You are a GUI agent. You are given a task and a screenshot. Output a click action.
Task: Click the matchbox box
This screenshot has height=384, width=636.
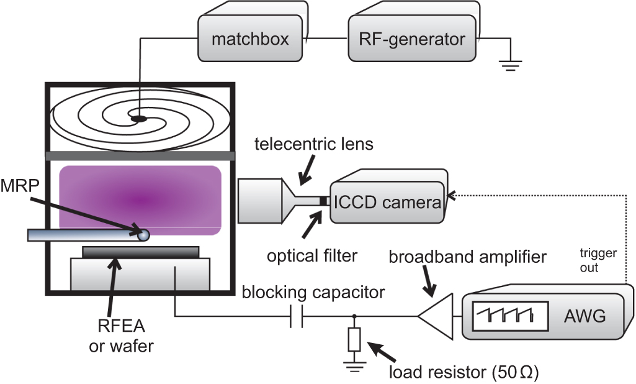pos(250,40)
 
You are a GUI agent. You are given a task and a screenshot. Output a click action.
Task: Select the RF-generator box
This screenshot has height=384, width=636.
pos(411,40)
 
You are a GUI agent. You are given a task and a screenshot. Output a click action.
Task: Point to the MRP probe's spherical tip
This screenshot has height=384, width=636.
pos(143,235)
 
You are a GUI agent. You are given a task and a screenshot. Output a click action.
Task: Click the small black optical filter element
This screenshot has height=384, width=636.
pos(323,201)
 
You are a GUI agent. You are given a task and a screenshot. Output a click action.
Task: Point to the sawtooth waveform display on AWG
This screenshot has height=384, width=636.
pos(509,317)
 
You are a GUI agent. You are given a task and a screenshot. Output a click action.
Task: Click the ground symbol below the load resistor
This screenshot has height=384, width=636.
pos(354,367)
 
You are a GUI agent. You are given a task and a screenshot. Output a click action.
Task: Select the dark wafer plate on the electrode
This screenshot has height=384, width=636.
pos(140,252)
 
